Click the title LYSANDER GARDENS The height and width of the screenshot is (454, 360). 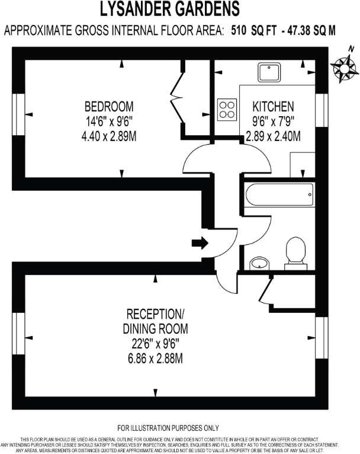(x=170, y=9)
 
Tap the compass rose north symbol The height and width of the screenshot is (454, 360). (x=343, y=68)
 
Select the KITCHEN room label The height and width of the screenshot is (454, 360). (x=273, y=107)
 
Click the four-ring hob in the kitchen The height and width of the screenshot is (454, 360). (x=227, y=109)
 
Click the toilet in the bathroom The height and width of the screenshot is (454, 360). (x=294, y=251)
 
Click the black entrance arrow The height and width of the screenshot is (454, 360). (x=200, y=242)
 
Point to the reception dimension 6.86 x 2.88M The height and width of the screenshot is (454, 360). (x=155, y=358)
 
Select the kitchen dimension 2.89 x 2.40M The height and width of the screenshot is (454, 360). (x=273, y=136)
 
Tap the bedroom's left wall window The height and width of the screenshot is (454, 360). (x=18, y=111)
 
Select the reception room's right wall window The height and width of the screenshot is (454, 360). (x=321, y=338)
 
